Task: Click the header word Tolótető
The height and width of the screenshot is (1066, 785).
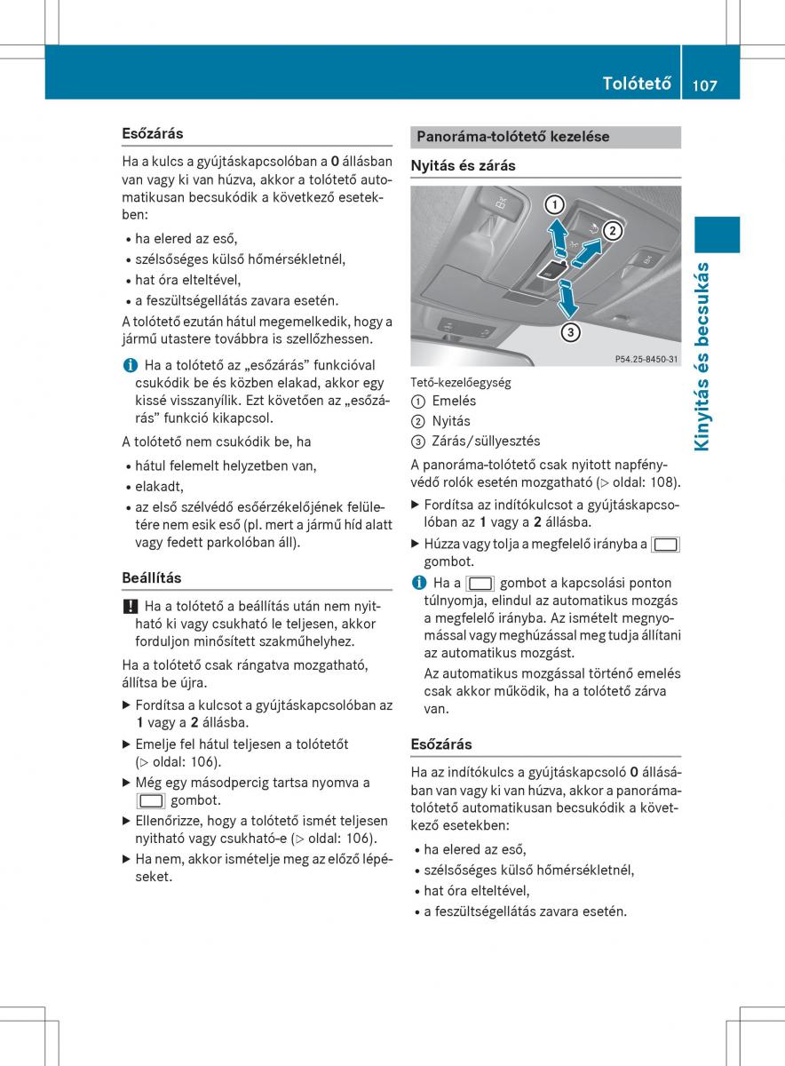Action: click(636, 84)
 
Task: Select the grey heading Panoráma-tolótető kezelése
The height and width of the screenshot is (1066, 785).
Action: click(513, 137)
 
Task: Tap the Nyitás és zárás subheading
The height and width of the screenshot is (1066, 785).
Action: click(463, 165)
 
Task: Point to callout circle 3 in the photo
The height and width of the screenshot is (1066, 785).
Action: click(570, 333)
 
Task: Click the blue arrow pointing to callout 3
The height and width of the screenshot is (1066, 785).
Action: click(566, 300)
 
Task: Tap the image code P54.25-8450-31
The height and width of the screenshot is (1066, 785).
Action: click(646, 358)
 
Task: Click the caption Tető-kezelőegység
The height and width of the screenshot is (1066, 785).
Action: click(460, 382)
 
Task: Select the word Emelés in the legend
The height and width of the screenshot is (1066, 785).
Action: click(454, 401)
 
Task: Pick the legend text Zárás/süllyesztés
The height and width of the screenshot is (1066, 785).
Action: click(486, 441)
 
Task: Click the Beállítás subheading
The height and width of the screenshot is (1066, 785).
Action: click(151, 577)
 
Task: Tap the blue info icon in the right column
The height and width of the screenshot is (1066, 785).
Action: click(417, 583)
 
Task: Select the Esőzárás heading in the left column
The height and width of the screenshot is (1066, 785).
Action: click(153, 133)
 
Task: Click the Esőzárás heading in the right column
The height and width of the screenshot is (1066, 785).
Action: click(441, 744)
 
